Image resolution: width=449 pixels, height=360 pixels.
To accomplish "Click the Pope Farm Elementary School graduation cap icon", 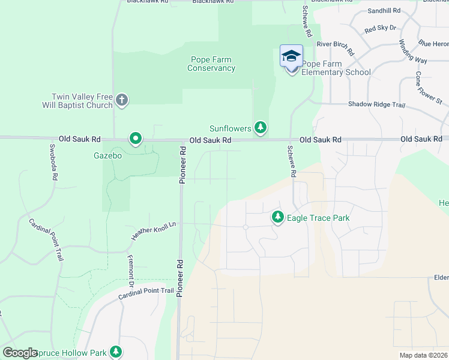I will pos(291,56).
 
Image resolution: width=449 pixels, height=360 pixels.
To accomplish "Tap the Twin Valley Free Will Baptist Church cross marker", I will pos(122,100).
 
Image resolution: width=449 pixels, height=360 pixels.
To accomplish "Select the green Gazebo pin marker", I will pos(136,139).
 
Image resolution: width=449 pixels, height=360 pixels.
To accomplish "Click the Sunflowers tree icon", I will pos(260,127).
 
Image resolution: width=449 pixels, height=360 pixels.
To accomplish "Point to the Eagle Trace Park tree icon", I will pos(277,217).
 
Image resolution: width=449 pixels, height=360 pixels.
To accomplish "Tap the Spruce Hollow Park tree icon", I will pos(115,352).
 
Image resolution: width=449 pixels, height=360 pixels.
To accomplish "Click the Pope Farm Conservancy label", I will pos(211,64).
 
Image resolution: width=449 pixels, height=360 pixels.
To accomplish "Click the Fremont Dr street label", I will pos(130,266).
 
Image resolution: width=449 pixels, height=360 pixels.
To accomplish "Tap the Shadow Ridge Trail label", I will pos(378,104).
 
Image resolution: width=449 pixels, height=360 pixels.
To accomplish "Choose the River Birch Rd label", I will pos(336,48).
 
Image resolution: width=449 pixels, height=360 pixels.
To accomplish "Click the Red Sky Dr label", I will pos(380,28).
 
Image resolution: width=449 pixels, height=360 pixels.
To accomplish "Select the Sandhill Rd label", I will pos(384,11).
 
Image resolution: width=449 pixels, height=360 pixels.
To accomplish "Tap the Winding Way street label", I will pos(413,52).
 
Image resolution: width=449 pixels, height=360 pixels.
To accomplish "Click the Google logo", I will pos(20,353).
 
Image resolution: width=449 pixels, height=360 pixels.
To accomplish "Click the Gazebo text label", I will pos(107,155).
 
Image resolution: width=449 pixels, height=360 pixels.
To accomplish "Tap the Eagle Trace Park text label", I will pos(318,218).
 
